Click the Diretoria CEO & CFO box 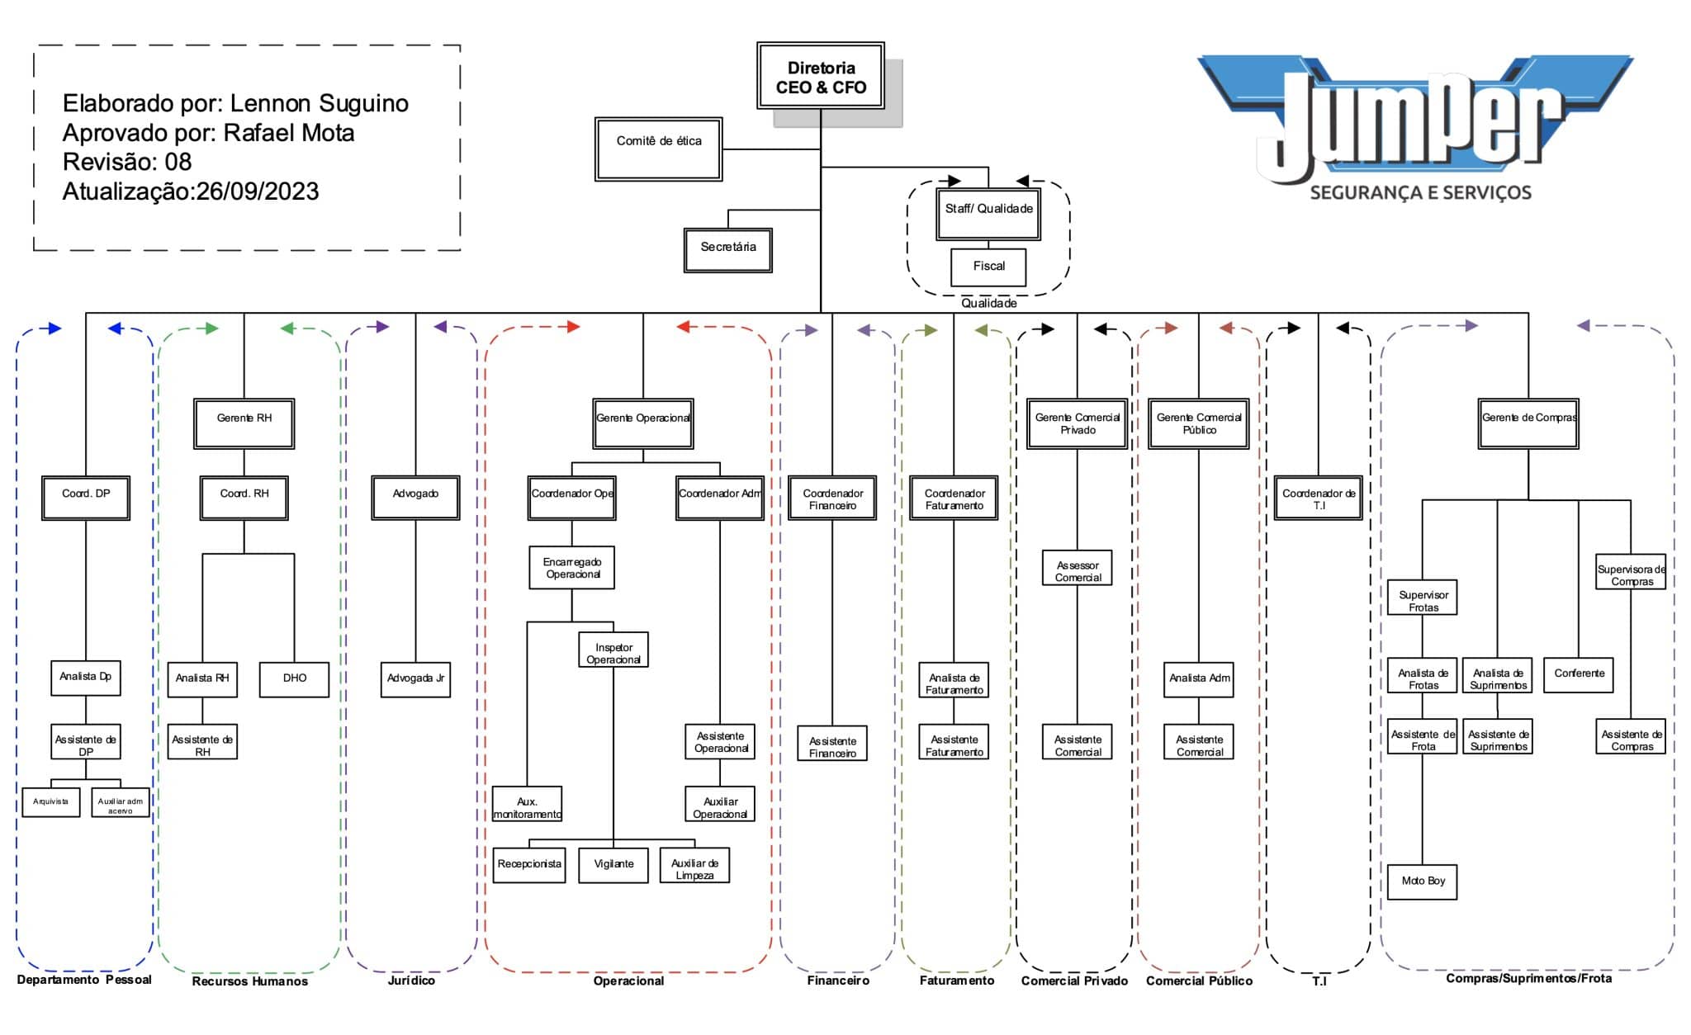point(821,76)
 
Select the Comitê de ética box point(659,149)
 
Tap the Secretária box point(728,250)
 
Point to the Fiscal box point(988,267)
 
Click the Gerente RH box point(244,423)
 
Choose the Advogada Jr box point(415,679)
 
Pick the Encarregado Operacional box point(572,567)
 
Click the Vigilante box point(613,865)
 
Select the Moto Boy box point(1423,881)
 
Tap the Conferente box point(1579,674)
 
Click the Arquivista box point(51,801)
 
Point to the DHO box point(295,679)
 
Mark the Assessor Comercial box point(1078,568)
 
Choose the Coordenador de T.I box point(1319,498)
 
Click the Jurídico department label point(411,981)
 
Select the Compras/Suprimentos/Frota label point(1528,978)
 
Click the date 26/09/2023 point(258,191)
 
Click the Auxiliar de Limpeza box point(694,865)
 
